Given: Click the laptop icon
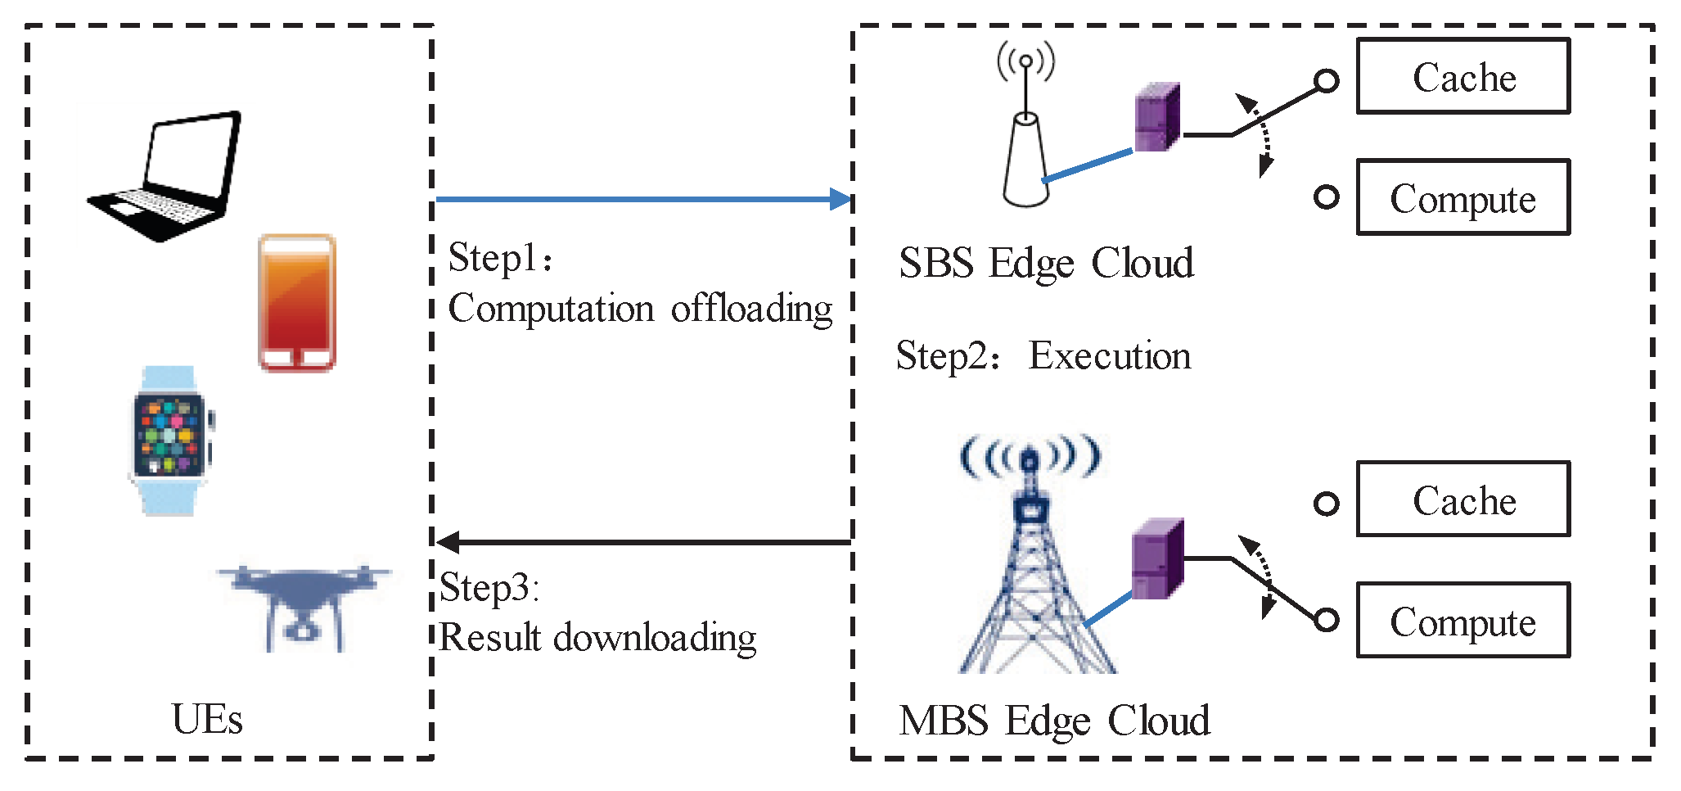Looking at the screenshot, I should coord(168,176).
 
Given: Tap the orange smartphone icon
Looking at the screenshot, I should coord(297,303).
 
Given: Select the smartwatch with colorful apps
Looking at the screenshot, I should coord(170,440).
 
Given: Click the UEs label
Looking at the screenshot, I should coord(207,720).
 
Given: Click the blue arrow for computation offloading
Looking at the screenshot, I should coord(642,199).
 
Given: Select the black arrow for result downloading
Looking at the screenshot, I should coord(642,541).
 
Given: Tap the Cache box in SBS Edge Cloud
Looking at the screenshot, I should coord(1463,77).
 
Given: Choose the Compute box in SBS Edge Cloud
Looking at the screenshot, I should coord(1463,198).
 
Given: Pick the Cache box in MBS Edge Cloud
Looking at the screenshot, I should coord(1463,499).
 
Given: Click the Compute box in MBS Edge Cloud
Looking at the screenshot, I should coord(1463,621).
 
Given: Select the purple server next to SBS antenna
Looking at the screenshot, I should coord(1157,117).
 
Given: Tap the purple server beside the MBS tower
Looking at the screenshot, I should coord(1157,558).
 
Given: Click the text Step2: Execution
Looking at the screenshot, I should coord(1043,356).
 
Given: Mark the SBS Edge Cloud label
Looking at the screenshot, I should coord(1046,264).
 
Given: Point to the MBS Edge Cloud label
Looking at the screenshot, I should coord(1054,721).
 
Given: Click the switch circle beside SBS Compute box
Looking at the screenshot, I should coord(1327,197).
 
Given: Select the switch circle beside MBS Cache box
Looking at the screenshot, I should coord(1327,504).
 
